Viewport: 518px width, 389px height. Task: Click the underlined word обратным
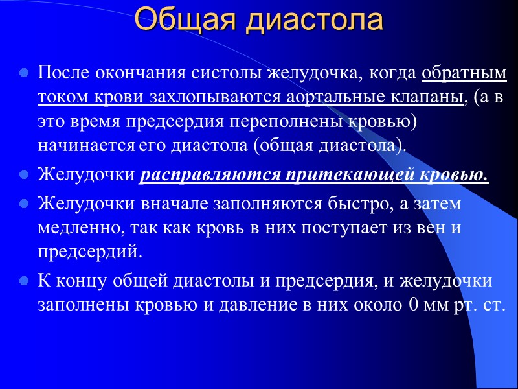(464, 73)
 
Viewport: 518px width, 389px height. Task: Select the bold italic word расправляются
(208, 175)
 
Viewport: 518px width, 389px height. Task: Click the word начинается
(86, 145)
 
